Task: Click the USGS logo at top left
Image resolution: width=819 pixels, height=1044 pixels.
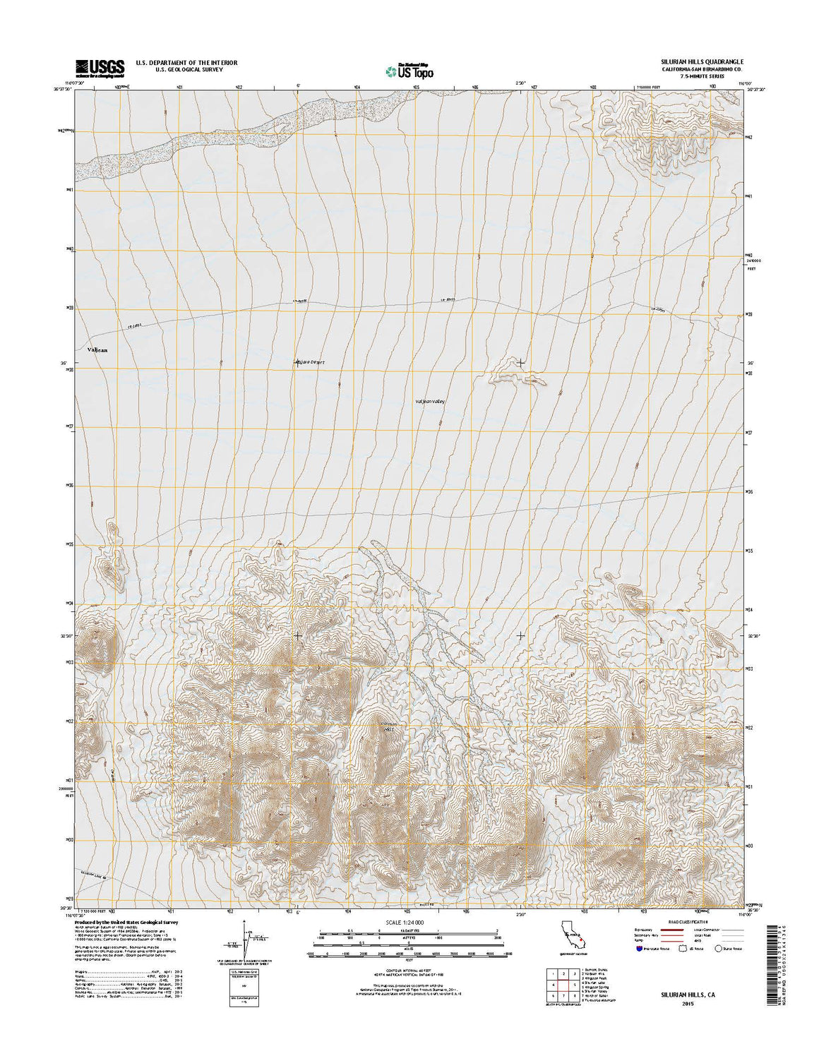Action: (100, 67)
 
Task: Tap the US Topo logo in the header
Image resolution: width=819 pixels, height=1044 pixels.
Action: (409, 71)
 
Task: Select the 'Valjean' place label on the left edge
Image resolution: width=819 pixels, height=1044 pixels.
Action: (98, 349)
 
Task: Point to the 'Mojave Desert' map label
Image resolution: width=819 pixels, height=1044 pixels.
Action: (313, 363)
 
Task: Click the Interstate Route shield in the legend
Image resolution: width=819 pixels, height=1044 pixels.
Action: (639, 949)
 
